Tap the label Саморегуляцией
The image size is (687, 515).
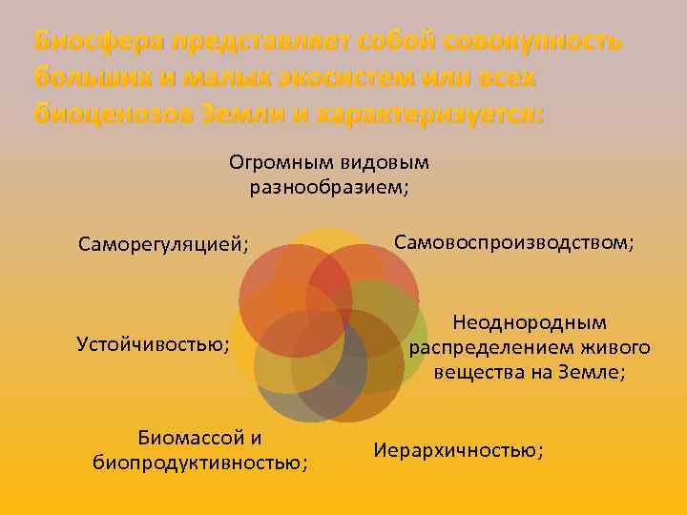coord(162,246)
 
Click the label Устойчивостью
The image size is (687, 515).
coord(152,343)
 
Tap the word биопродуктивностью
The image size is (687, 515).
coord(199,463)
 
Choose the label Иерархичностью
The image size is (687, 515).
coord(458,450)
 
